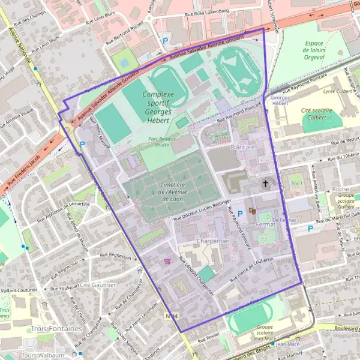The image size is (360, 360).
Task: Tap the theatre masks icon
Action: click(252, 211)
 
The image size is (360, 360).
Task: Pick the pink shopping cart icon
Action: click(167, 261)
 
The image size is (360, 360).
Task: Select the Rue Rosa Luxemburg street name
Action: click(207, 11)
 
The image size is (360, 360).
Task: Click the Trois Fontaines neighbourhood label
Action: click(57, 329)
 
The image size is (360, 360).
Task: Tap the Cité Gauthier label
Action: click(97, 284)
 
